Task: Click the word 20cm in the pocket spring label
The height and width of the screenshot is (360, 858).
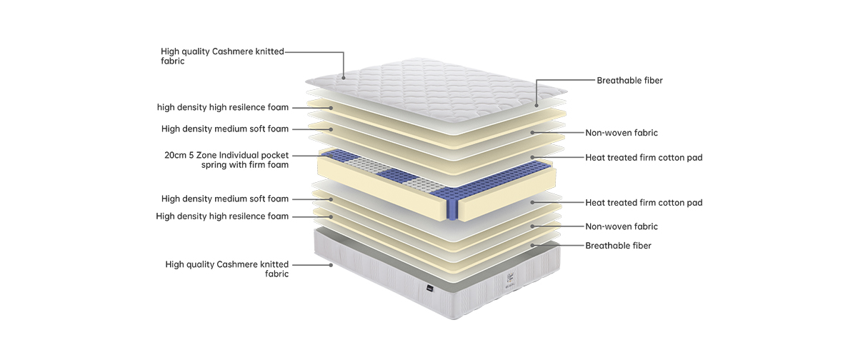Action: pos(175,155)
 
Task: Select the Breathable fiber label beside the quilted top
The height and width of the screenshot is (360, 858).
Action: pos(629,81)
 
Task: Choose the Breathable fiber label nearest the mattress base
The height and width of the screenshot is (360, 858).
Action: pos(618,246)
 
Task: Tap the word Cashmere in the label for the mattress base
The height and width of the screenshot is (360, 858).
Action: pos(240,264)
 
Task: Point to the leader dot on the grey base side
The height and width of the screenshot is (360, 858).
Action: pos(331,265)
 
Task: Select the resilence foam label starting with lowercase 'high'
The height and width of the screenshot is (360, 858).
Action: pos(223,108)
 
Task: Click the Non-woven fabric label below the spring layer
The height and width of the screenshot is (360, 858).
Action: pos(622,226)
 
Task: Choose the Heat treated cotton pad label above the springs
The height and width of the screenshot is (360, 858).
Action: pos(644,157)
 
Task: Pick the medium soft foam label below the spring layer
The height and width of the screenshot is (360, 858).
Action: pos(225,199)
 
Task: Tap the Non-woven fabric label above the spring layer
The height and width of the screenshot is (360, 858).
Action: pos(622,133)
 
